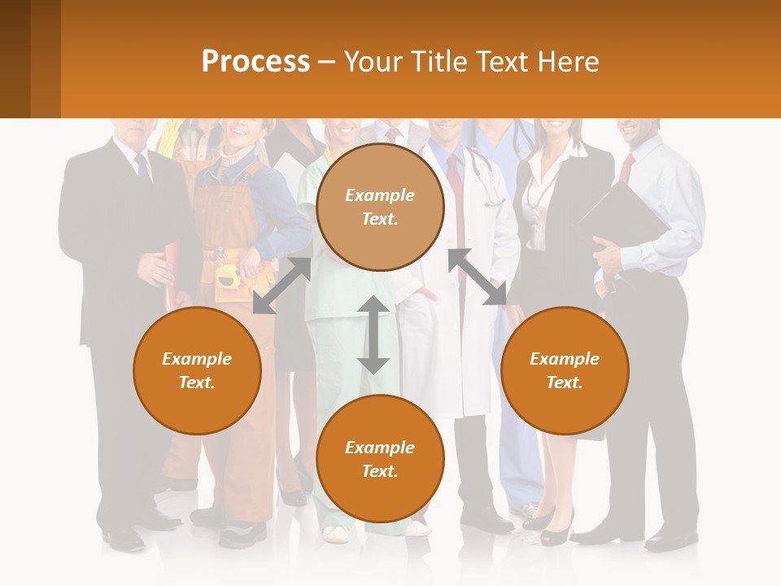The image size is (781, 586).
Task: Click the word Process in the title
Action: coord(255,62)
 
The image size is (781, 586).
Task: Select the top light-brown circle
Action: coord(380,207)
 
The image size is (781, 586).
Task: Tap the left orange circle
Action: coord(197,370)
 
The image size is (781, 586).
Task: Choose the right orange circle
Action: coord(565,370)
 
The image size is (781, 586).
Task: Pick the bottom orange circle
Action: coord(380,459)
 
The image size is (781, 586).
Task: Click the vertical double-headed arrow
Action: coord(373,335)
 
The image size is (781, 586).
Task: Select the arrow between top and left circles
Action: coord(282,285)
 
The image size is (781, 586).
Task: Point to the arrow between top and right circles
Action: coord(477,277)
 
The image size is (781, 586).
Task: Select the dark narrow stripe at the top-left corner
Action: coord(15,59)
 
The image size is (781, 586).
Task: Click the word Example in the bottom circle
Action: coord(380,448)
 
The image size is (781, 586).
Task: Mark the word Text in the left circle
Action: coord(197,383)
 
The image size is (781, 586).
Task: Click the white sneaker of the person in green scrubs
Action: coord(335,534)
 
